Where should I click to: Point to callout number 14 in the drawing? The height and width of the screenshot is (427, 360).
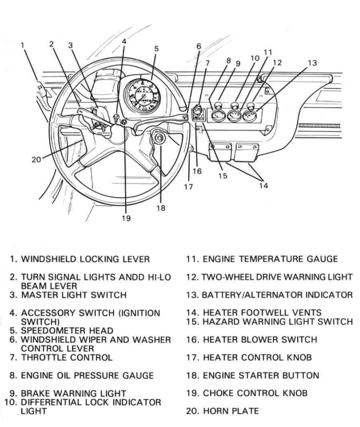coord(263,185)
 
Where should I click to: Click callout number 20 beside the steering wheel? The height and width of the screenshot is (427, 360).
coord(37,159)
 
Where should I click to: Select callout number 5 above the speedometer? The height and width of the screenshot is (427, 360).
coord(156,49)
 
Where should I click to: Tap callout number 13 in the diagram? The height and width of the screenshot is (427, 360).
coord(312,63)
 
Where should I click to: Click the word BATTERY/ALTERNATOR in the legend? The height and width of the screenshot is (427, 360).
coord(247,295)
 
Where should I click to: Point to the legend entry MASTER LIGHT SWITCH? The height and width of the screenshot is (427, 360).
coord(74,295)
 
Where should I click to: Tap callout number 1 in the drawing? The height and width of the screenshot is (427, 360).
coord(23,45)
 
